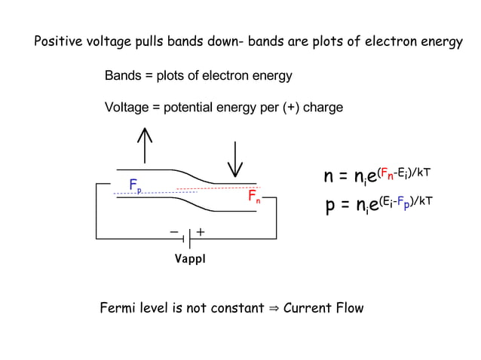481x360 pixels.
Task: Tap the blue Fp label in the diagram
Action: tap(134, 185)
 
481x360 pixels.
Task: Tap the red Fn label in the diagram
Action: tap(255, 197)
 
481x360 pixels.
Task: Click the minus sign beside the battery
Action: tap(174, 231)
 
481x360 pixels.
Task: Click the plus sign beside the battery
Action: tap(201, 231)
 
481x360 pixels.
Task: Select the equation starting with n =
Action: tap(377, 176)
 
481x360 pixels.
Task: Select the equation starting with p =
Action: tap(378, 203)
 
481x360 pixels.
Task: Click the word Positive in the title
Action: tap(60, 42)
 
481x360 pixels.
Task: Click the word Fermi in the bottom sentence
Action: tap(117, 308)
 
